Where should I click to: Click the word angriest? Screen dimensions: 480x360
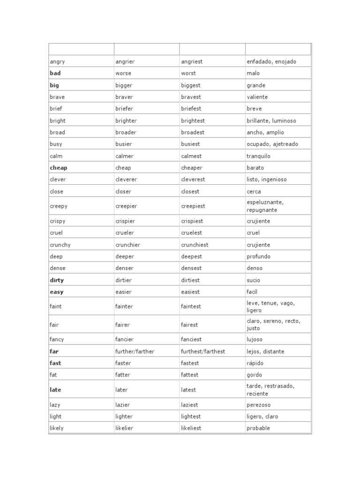tap(192, 61)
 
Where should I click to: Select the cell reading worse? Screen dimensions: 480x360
tap(123, 73)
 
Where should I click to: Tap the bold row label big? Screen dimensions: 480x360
tap(54, 85)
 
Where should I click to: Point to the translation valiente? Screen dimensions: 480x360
tap(257, 97)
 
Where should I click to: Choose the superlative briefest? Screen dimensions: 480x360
tap(191, 109)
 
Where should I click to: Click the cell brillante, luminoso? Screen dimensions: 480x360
tap(271, 120)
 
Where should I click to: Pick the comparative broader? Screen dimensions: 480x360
tap(126, 132)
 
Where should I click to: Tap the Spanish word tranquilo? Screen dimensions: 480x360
tap(258, 156)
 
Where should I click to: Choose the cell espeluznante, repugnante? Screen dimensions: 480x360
tap(265, 206)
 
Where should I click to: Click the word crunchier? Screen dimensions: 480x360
tap(128, 245)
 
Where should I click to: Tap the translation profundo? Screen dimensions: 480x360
tap(258, 256)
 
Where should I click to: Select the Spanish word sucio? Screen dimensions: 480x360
tap(253, 280)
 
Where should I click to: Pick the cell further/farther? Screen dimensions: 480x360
tap(135, 352)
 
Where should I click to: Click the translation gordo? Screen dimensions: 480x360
tap(254, 375)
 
